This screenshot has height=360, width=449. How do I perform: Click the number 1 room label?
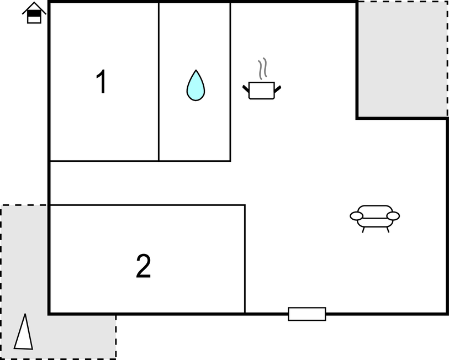(101, 82)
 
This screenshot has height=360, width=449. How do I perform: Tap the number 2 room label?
(143, 266)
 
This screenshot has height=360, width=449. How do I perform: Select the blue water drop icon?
(196, 86)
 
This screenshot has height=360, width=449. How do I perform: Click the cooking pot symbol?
(262, 91)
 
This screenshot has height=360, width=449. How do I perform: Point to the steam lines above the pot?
(262, 68)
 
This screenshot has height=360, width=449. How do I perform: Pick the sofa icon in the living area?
(375, 219)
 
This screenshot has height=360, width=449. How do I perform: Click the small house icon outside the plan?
(34, 13)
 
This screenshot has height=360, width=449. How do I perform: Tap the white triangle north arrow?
(24, 332)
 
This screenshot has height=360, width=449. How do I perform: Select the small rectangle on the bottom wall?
(307, 314)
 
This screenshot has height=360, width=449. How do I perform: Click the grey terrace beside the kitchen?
(402, 59)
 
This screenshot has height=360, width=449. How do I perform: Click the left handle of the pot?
(246, 89)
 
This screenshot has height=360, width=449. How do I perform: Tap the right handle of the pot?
(278, 89)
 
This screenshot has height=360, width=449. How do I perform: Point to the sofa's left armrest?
(357, 216)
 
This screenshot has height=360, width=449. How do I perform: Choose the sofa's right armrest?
(393, 216)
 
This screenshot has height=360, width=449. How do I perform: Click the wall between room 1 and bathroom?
(159, 82)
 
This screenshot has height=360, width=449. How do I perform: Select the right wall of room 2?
(245, 259)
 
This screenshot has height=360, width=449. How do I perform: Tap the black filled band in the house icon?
(34, 13)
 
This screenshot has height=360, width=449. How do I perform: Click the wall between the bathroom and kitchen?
(230, 82)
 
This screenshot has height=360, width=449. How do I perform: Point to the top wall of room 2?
(147, 205)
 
